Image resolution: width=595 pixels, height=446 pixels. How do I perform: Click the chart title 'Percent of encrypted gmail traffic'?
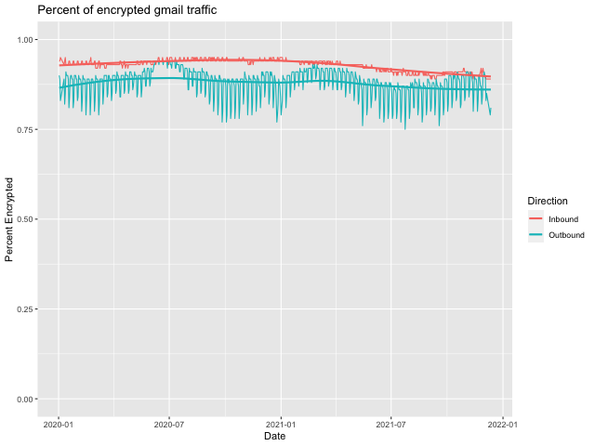127,10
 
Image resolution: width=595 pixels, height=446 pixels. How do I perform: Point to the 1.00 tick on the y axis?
25,39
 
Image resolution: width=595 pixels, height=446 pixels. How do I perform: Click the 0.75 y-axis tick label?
25,129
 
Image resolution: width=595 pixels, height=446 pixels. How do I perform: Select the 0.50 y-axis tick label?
25,219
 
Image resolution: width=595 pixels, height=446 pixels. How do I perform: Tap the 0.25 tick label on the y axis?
25,309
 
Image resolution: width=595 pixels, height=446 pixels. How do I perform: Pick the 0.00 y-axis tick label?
25,400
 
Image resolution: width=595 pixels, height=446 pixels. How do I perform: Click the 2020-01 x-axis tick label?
58,423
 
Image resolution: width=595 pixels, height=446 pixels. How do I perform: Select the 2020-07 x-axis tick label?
169,423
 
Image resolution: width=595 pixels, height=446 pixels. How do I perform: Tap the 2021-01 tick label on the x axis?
281,423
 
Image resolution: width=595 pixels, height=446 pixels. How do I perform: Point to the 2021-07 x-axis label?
391,423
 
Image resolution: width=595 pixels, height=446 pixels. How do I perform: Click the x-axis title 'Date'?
274,436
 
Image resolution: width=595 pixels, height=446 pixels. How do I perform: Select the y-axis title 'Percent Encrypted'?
10,219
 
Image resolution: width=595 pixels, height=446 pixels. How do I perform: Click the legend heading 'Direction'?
548,201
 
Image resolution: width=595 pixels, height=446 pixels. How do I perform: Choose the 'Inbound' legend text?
563,218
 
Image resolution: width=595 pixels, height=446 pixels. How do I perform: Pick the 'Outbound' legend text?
566,235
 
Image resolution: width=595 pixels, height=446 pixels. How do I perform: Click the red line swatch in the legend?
535,218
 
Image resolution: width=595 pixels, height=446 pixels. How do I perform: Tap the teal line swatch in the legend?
535,235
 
